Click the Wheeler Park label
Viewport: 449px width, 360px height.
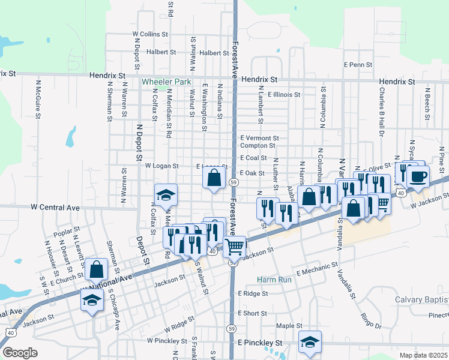tap(166, 82)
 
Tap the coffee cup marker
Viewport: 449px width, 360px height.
tap(418, 176)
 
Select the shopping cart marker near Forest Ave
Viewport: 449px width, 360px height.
tap(235, 247)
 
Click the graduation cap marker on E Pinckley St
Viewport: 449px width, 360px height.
tap(309, 341)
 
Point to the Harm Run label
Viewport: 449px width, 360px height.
tap(274, 280)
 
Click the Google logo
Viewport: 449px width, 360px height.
tap(20, 353)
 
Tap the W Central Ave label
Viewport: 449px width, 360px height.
tap(55, 208)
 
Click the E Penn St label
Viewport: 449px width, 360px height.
tap(358, 64)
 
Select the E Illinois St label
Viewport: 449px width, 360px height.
tap(284, 94)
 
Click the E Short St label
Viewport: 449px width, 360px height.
tap(252, 313)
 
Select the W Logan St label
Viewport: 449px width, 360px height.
tap(162, 166)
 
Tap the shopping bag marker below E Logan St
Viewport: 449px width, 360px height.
tap(214, 178)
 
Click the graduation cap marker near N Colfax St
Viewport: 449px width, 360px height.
tap(166, 194)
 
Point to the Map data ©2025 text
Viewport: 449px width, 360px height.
tap(424, 355)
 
